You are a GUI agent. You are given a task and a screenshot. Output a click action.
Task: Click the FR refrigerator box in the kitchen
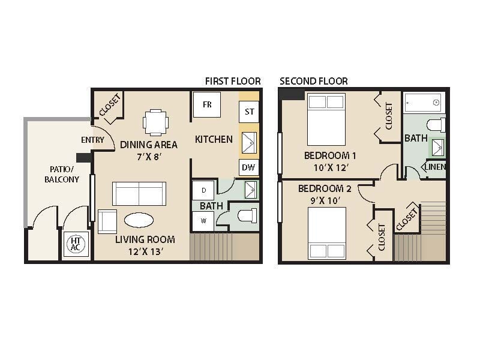point(207,105)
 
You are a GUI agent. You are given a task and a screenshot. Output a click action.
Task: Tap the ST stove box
point(249,112)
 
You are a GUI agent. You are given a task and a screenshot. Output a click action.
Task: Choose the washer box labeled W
point(204,220)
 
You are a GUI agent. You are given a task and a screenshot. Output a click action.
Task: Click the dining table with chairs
point(155,122)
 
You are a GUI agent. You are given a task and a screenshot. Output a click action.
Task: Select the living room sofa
point(139,194)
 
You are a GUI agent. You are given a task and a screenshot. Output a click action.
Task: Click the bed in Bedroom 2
point(328,233)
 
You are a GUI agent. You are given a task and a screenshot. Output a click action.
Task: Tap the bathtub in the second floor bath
point(422,103)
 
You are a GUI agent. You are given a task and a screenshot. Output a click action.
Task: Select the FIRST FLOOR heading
point(233,81)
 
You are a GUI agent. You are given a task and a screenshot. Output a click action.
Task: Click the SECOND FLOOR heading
point(313,81)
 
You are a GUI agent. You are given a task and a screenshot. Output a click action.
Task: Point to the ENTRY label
point(92,140)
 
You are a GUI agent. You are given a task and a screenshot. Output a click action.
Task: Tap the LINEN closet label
point(436,167)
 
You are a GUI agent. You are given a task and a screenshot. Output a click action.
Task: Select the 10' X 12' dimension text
point(327,169)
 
